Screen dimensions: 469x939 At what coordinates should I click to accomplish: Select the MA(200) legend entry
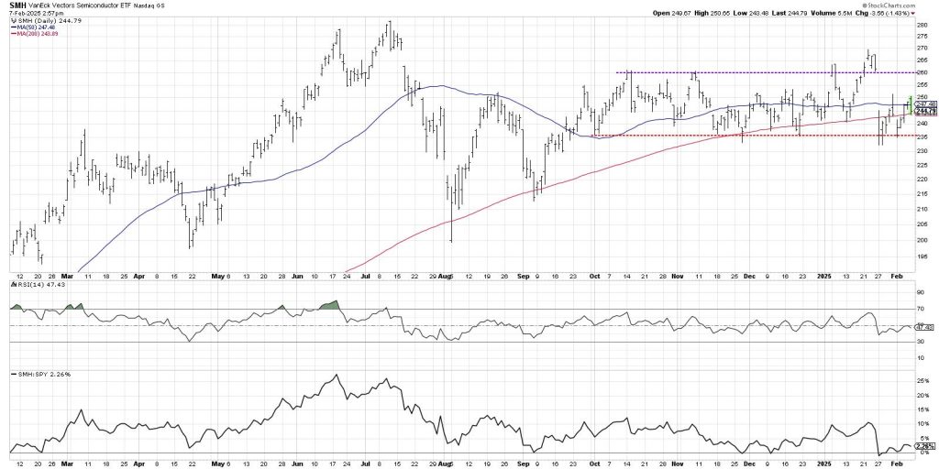(x=29, y=35)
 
